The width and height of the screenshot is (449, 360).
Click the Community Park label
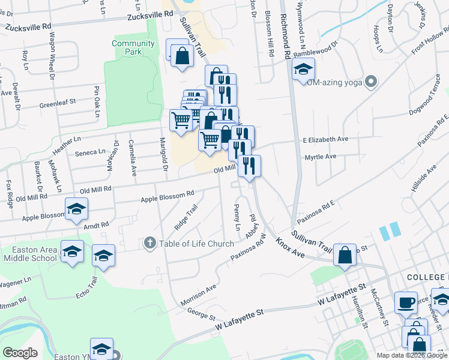(133, 47)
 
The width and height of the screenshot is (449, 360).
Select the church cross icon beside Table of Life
(150, 243)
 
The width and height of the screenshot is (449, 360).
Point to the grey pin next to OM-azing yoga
(371, 81)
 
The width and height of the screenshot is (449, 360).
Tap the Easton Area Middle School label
(29, 254)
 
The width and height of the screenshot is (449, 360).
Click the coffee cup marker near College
(406, 302)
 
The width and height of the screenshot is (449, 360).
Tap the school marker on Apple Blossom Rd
(76, 209)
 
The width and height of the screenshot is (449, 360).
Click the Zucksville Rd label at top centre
(150, 14)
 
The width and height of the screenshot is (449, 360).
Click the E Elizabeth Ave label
(325, 139)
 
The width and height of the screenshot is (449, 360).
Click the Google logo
(19, 353)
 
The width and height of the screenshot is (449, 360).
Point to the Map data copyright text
(412, 355)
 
